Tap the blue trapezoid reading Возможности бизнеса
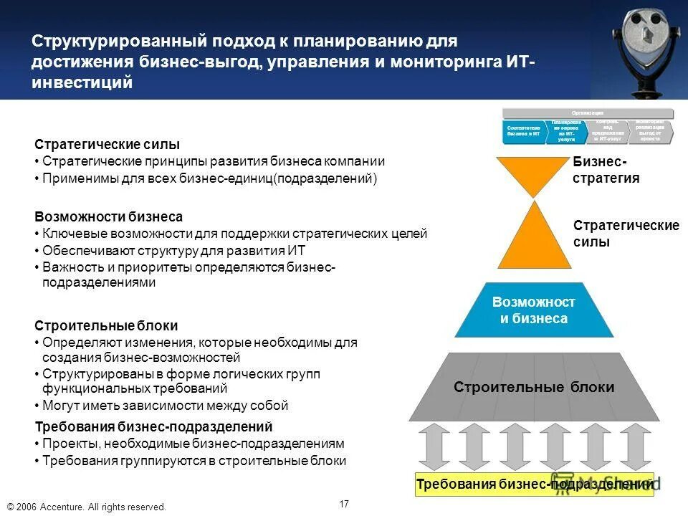(x=534, y=310)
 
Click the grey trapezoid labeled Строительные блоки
(x=534, y=387)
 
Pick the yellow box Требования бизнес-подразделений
(x=535, y=484)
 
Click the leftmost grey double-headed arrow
(x=434, y=446)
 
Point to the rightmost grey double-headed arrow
(x=635, y=446)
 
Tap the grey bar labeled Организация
(x=588, y=113)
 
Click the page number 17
(x=344, y=504)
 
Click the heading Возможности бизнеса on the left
(x=109, y=216)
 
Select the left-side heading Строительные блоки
(x=106, y=326)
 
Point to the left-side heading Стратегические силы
(x=107, y=145)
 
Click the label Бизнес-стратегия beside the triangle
(x=606, y=171)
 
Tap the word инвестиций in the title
(x=82, y=82)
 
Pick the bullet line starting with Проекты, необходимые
(x=193, y=444)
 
